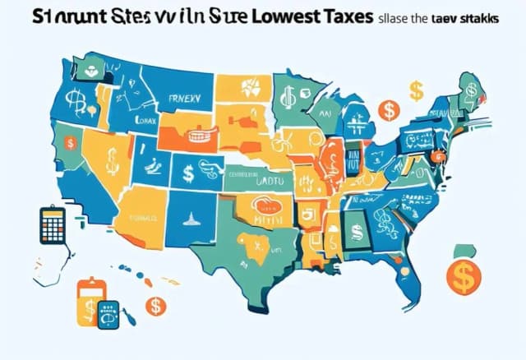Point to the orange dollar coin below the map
(154, 306)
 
